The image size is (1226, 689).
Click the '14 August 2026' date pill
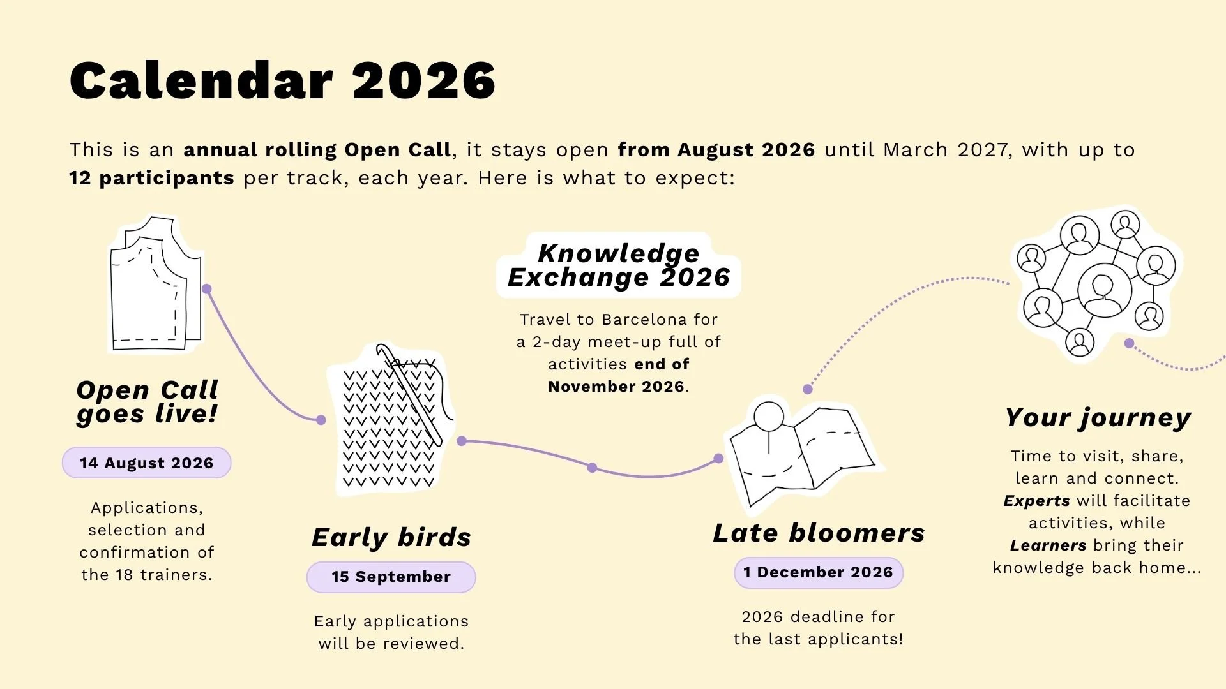coord(146,463)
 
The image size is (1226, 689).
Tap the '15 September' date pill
coord(391,577)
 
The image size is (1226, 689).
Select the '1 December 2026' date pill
coord(819,572)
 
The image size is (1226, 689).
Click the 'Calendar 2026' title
coord(282,80)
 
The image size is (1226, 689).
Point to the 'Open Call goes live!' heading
coord(147,402)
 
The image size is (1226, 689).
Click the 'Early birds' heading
coord(391,537)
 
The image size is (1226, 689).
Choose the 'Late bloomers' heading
coord(819,533)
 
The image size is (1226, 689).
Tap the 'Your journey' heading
coord(1098,418)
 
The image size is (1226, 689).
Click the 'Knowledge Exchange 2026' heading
coord(619,265)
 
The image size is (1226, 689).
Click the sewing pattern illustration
coord(156,284)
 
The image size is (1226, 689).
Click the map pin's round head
coord(769,417)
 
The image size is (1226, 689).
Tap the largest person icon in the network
coord(1104,290)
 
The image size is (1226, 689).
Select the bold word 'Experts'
coord(1036,501)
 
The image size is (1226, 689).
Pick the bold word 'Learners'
coord(1048,545)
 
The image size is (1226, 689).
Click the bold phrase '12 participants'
coord(151,178)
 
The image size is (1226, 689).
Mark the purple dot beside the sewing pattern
coord(206,289)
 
